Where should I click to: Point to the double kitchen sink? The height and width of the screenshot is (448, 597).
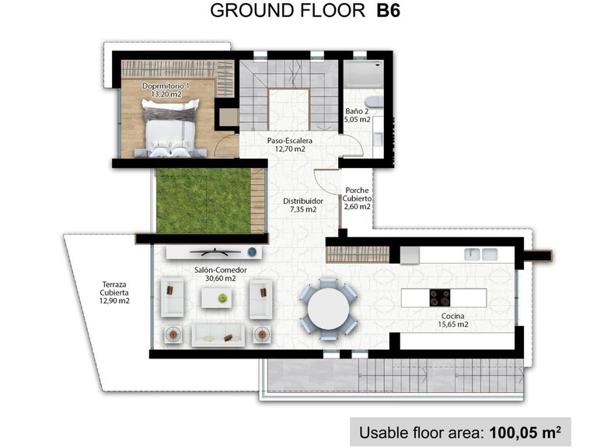click(481, 254)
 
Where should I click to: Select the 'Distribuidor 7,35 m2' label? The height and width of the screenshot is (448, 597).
click(302, 205)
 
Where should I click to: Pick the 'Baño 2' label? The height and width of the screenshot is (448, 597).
click(357, 116)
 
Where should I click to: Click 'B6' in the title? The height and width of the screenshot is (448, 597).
click(386, 11)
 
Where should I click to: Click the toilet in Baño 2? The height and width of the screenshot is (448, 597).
click(375, 103)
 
